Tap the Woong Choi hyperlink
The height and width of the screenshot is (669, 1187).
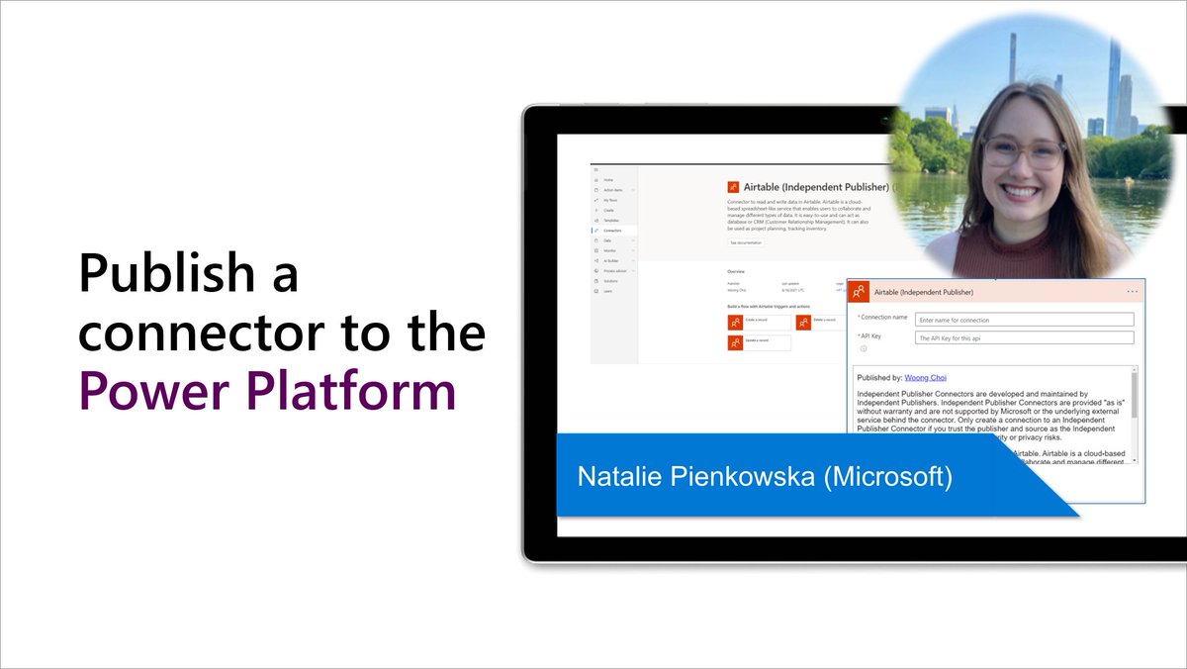927,377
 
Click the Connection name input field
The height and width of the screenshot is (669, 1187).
1024,320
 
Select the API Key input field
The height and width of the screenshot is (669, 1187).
1024,338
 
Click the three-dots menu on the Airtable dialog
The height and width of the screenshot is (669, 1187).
1132,292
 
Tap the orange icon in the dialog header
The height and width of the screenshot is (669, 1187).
859,292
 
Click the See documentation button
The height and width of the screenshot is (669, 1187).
746,242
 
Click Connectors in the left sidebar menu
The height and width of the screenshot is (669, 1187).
614,231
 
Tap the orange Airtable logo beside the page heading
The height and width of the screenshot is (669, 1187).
734,186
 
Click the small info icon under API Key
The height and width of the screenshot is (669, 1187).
863,348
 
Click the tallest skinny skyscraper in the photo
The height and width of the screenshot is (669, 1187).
1012,59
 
